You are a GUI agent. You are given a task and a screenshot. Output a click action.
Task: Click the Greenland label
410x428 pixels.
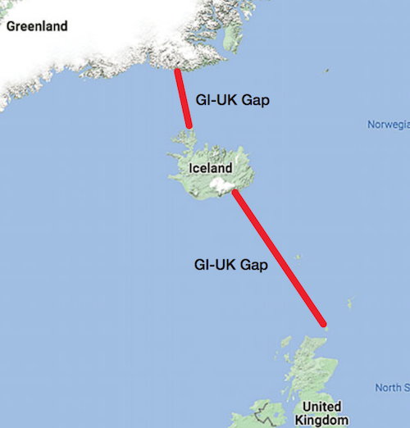click(x=37, y=25)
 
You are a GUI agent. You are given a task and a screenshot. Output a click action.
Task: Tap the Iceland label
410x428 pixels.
click(x=211, y=169)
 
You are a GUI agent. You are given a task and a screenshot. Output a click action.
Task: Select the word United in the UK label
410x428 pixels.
click(x=321, y=407)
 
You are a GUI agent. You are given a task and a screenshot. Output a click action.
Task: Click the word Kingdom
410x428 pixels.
click(x=321, y=420)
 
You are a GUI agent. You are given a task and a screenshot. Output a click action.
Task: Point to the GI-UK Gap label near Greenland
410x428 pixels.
click(x=234, y=100)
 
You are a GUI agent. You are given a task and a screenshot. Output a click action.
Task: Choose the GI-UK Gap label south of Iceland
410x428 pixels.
click(x=230, y=266)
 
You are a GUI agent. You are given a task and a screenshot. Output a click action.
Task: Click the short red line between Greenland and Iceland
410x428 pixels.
click(x=183, y=98)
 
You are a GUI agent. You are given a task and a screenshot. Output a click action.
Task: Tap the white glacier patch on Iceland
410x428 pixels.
click(x=221, y=188)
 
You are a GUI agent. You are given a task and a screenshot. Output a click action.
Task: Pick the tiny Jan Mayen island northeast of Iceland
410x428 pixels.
click(x=327, y=72)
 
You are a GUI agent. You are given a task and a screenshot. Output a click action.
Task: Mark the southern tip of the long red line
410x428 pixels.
click(x=325, y=325)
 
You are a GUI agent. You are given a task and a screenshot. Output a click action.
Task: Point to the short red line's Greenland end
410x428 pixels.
click(x=176, y=71)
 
